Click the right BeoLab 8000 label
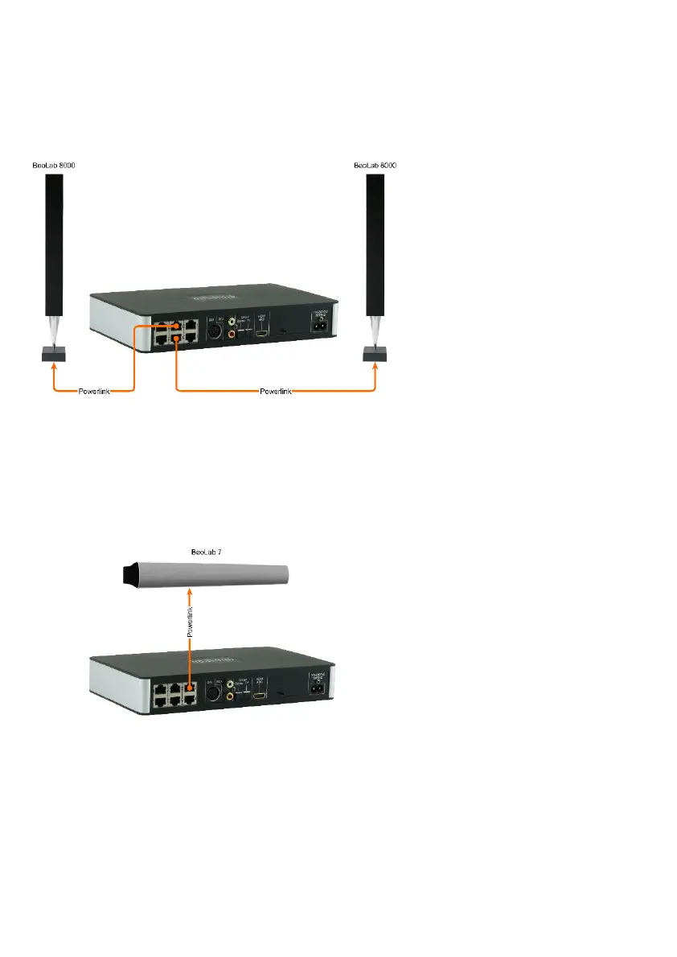click(x=375, y=166)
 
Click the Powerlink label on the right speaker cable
click(x=276, y=392)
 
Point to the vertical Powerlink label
click(x=190, y=620)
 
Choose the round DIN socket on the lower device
click(x=213, y=694)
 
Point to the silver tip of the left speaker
click(x=54, y=329)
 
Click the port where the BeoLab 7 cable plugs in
click(x=190, y=688)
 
